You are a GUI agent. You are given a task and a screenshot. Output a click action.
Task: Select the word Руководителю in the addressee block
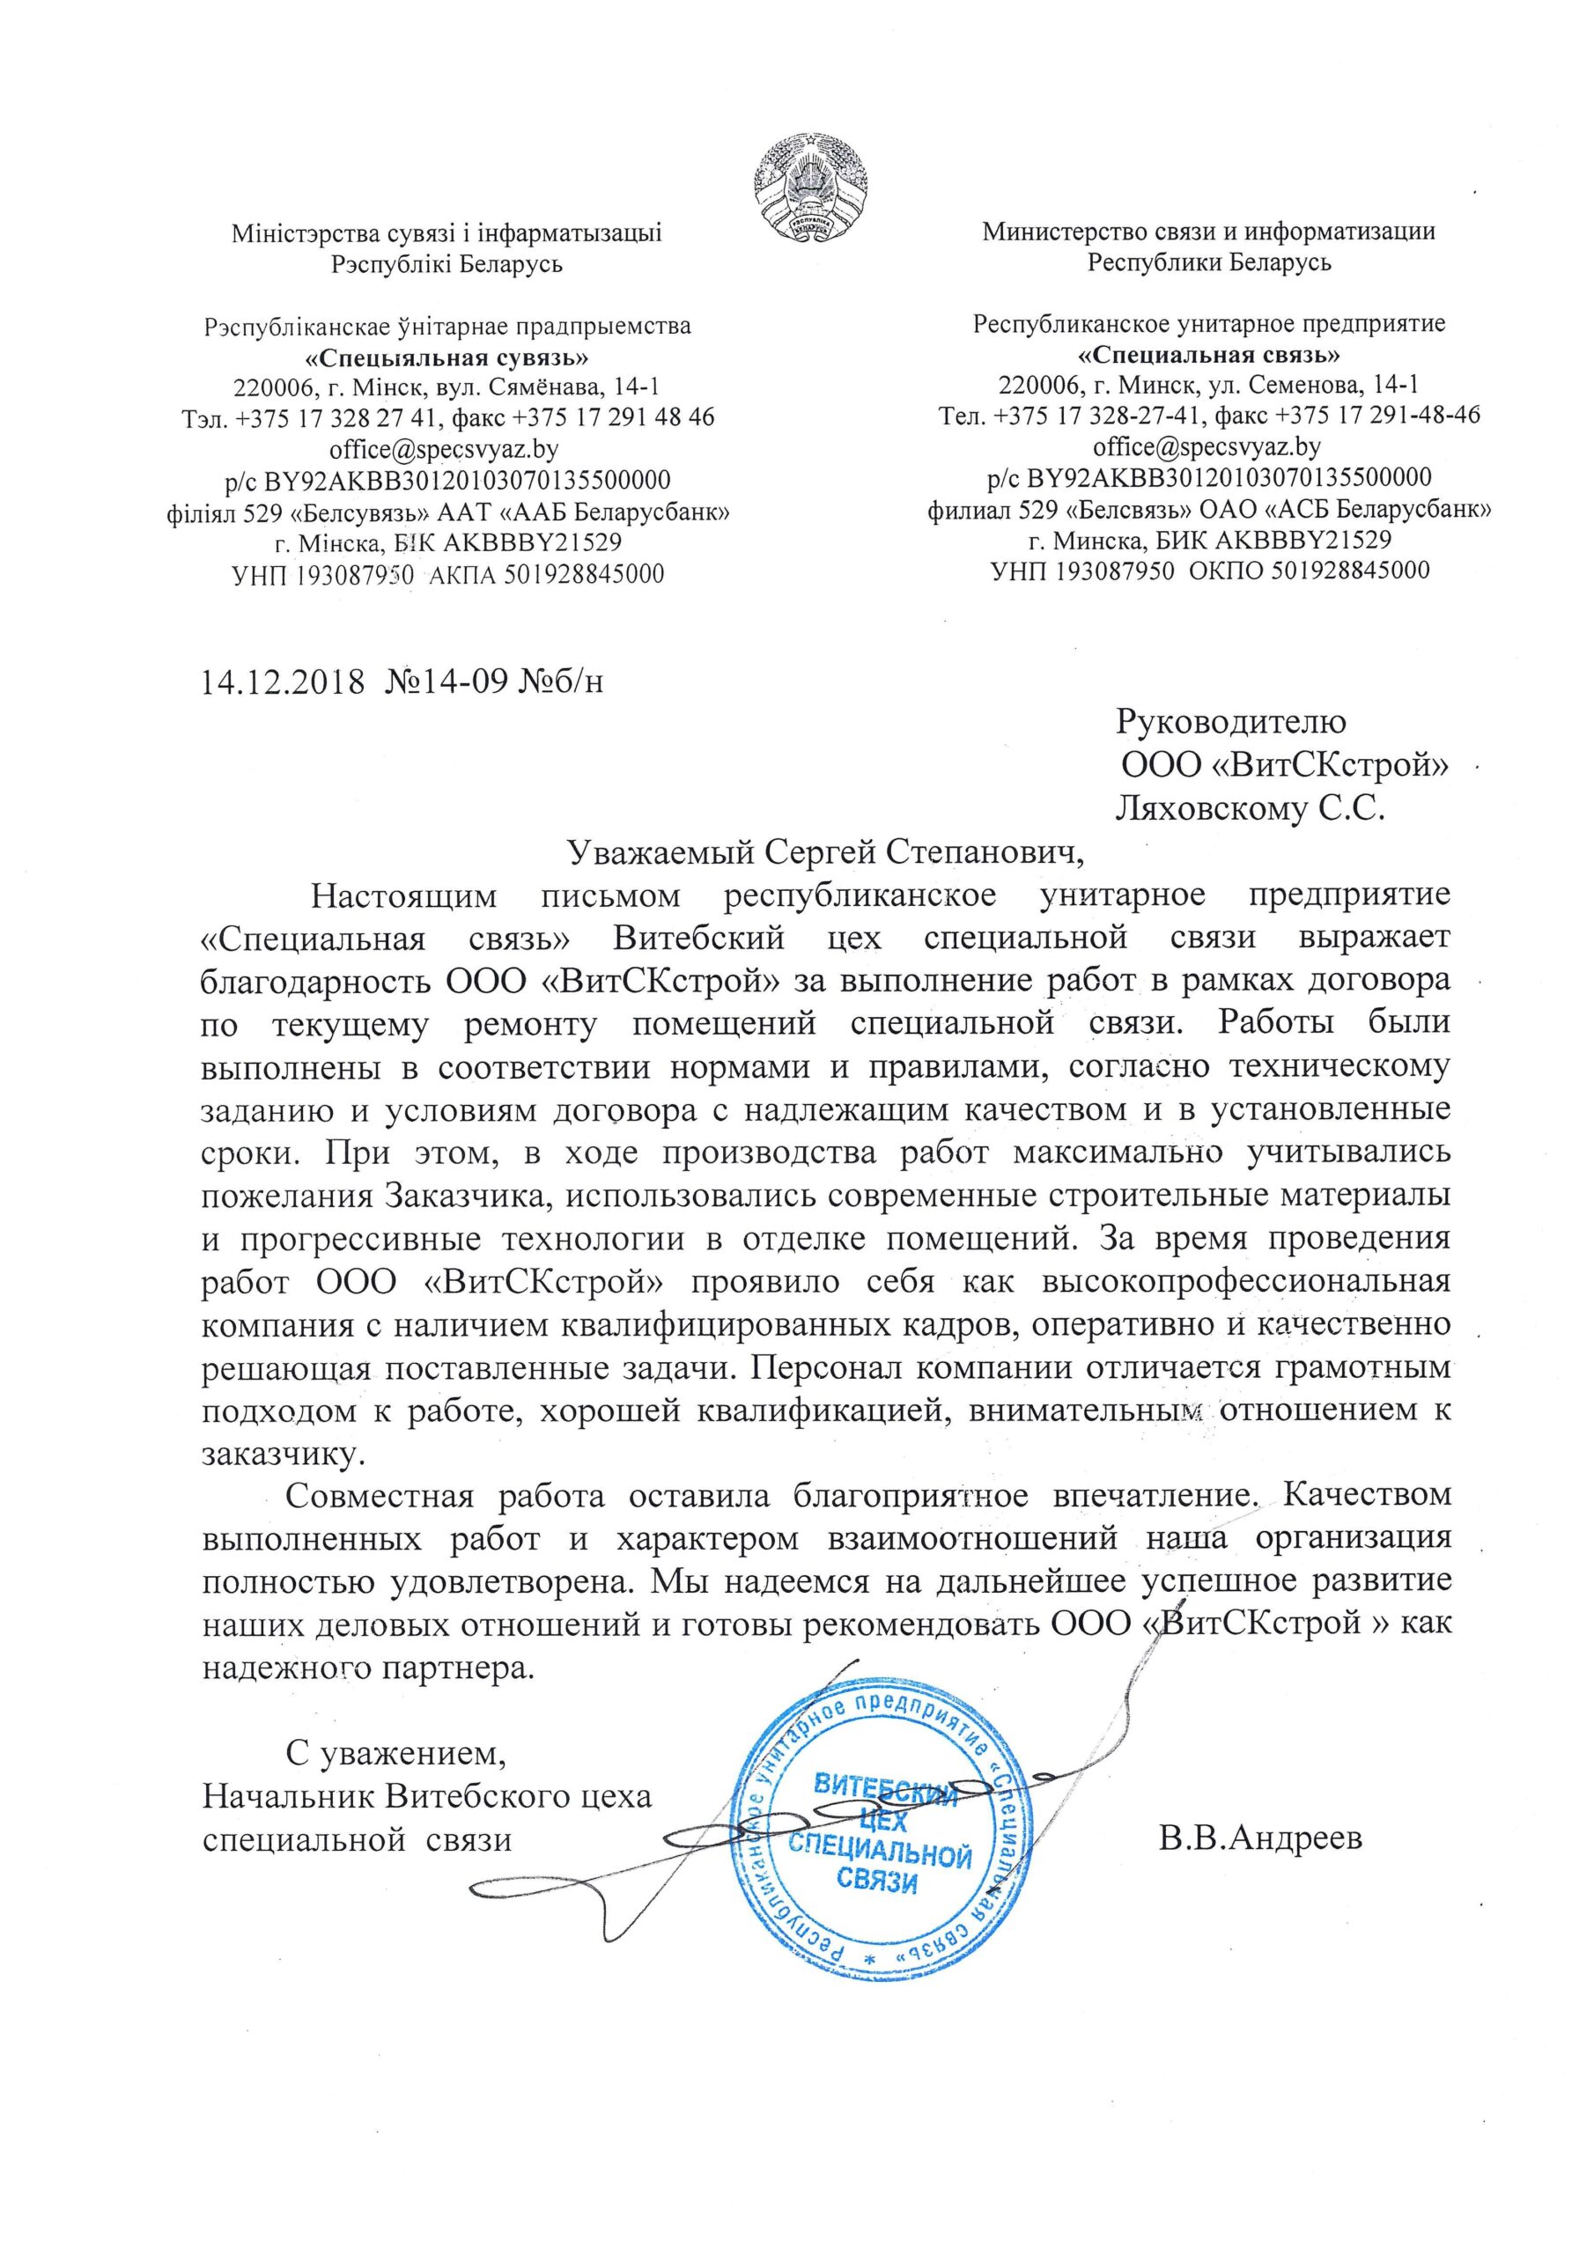(x=1231, y=723)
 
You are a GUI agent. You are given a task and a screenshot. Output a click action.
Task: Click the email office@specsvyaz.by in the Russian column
(x=1207, y=446)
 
